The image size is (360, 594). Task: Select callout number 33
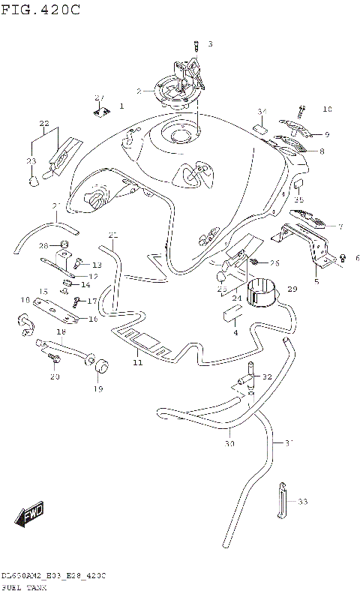point(302,501)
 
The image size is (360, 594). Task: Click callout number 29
point(292,289)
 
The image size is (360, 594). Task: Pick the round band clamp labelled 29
point(261,292)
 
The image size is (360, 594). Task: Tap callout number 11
point(137,363)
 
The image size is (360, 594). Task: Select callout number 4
point(235,331)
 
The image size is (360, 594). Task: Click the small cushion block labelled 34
point(262,128)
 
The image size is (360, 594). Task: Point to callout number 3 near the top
point(211,44)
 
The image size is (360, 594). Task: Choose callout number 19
point(98,389)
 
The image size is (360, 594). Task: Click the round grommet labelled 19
point(98,365)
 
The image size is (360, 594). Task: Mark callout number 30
point(229,444)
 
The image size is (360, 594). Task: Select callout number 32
point(267,377)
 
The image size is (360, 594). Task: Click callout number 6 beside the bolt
point(358,259)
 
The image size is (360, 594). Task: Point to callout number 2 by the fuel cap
point(139,91)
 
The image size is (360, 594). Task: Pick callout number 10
point(327,109)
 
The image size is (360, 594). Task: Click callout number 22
point(43,123)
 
